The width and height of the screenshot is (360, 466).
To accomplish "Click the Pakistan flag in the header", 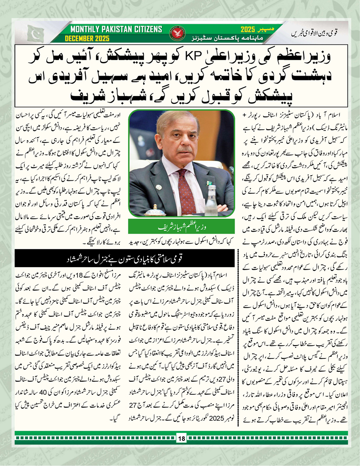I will click(36, 34).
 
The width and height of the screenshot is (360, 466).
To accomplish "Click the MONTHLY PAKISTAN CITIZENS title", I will click(116, 30).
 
